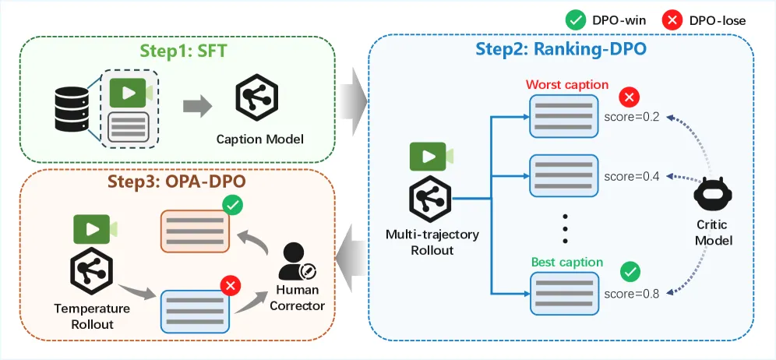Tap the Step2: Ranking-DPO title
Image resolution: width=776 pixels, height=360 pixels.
pos(561,50)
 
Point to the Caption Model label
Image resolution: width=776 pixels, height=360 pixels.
pos(259,139)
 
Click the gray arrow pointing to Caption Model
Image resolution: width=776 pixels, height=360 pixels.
pos(197,107)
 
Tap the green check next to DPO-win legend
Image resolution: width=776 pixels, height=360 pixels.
pos(574,20)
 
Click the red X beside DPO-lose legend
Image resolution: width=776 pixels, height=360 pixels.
pos(670,20)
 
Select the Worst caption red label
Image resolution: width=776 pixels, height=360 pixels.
pos(566,85)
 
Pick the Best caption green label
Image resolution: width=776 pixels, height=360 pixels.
pos(567,262)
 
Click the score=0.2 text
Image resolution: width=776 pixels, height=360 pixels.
pos(632,118)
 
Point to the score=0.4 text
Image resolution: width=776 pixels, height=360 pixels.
pos(632,176)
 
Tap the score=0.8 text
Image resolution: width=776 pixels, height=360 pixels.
pos(632,294)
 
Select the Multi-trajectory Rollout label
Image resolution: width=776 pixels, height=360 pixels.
pos(432,242)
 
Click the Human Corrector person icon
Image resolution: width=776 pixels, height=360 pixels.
pos(296,262)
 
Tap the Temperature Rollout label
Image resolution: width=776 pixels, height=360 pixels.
pos(92,316)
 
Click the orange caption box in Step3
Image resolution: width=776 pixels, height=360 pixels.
pos(195,231)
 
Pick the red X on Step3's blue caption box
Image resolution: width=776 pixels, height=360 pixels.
pos(230,285)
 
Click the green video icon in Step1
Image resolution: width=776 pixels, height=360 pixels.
pos(131,93)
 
